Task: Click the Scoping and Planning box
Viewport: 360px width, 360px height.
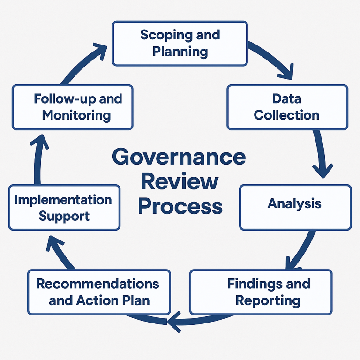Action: click(x=180, y=43)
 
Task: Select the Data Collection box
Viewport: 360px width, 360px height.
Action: click(x=287, y=107)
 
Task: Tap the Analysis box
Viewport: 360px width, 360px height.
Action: click(x=295, y=207)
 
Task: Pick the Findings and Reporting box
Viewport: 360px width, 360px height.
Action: click(x=261, y=292)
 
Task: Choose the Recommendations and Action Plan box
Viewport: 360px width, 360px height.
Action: click(x=98, y=292)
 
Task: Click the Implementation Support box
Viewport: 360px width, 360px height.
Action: click(x=64, y=207)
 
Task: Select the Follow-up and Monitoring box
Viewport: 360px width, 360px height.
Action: click(x=72, y=107)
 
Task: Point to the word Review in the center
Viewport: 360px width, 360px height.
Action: click(x=180, y=181)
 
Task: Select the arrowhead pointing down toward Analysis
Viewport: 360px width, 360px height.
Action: click(x=323, y=169)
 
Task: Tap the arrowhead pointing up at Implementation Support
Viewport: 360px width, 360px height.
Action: click(x=57, y=242)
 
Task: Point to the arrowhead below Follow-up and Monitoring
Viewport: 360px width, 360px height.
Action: click(x=40, y=141)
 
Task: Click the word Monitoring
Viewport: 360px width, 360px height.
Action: click(x=76, y=115)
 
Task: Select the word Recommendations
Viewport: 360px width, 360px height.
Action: click(x=97, y=284)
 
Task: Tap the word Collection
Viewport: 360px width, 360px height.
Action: click(x=286, y=115)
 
